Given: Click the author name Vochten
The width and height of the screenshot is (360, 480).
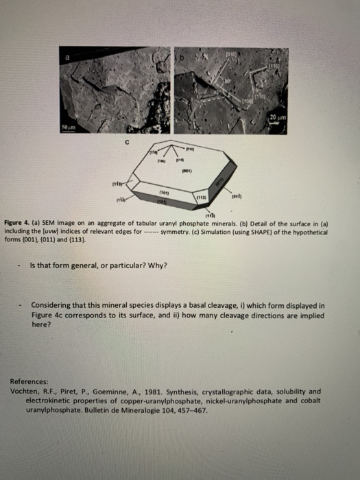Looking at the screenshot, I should (x=26, y=389).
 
